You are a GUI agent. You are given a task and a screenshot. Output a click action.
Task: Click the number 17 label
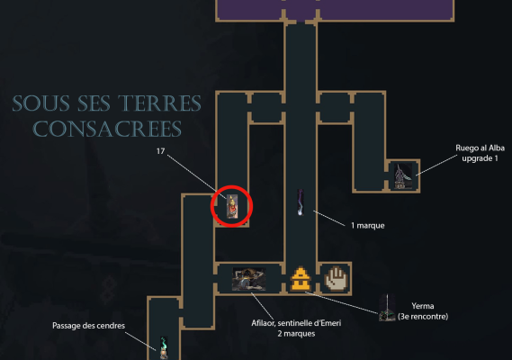click(x=160, y=151)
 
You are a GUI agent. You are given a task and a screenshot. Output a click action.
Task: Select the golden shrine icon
click(x=301, y=279)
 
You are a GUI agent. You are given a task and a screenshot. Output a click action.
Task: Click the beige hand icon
click(x=336, y=278)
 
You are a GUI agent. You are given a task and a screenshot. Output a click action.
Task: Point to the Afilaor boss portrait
click(x=249, y=279)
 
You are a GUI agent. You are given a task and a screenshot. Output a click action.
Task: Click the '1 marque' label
click(x=368, y=226)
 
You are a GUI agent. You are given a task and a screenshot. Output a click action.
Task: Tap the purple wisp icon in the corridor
click(x=301, y=202)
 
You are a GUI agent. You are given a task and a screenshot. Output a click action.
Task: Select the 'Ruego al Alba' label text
click(x=480, y=148)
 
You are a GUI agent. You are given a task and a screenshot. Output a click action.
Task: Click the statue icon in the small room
click(x=403, y=176)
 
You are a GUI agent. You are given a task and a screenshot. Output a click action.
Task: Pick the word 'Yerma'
click(x=423, y=306)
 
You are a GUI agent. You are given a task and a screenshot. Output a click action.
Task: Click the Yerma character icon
click(x=387, y=308)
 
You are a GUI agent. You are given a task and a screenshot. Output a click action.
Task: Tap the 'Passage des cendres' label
click(x=88, y=326)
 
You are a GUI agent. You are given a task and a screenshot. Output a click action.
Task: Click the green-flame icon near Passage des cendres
click(x=164, y=347)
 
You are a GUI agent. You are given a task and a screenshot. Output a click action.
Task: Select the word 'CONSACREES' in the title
click(x=107, y=129)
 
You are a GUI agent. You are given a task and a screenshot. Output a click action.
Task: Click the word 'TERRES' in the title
click(x=159, y=103)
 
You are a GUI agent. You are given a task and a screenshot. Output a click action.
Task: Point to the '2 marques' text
click(x=296, y=334)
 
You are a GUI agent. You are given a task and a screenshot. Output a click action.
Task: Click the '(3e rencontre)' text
click(x=423, y=317)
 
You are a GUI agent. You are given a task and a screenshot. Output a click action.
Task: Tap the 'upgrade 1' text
click(x=480, y=158)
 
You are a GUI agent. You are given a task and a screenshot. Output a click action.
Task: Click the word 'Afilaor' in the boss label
click(x=263, y=323)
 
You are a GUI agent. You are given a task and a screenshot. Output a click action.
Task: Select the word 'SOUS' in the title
click(x=40, y=103)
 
